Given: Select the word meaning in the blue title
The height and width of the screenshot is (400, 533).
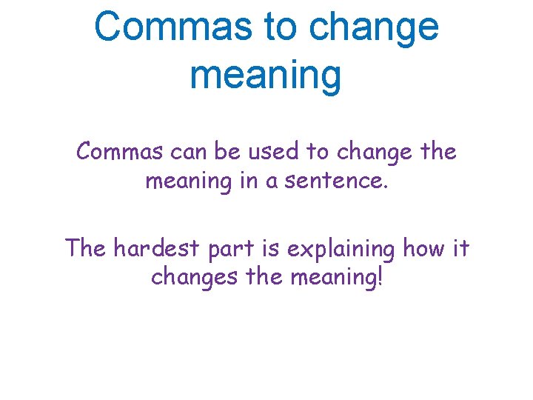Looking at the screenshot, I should pyautogui.click(x=266, y=76).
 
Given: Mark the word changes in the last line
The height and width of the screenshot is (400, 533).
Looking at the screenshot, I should pyautogui.click(x=187, y=276).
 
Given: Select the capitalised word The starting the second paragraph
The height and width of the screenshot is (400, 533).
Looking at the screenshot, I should pyautogui.click(x=85, y=248).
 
